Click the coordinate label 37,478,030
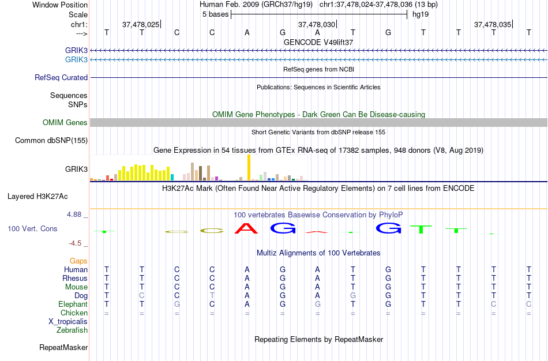[316, 24]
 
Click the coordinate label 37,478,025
[141, 24]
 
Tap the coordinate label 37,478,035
[492, 24]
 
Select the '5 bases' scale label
[215, 14]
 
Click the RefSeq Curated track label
[61, 77]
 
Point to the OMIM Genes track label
[65, 122]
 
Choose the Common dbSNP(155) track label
[51, 140]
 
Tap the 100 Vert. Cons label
[32, 229]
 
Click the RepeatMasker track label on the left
[63, 348]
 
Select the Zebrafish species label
[72, 330]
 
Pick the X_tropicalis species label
[68, 322]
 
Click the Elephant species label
[73, 304]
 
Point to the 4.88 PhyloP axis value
[76, 215]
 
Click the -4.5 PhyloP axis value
[76, 243]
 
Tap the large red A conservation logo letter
[247, 228]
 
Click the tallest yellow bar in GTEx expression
[249, 168]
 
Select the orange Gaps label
[78, 261]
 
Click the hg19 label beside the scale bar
[415, 14]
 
